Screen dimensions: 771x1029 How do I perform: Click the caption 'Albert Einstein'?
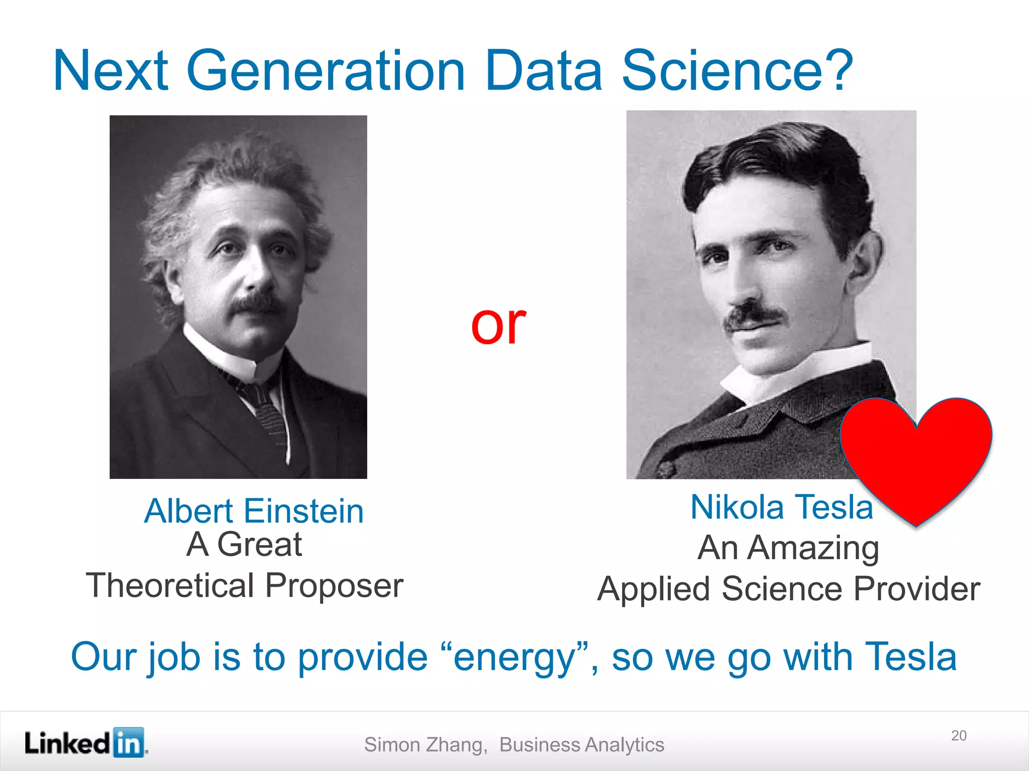point(254,511)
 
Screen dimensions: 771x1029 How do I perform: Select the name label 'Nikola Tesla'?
point(781,507)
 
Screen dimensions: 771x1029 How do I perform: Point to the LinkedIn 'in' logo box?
point(129,742)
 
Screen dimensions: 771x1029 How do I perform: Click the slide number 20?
point(959,735)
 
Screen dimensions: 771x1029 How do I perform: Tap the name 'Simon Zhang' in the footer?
point(425,744)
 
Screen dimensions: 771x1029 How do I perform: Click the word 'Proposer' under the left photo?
point(334,585)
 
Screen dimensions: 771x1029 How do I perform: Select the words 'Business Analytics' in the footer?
point(581,744)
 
